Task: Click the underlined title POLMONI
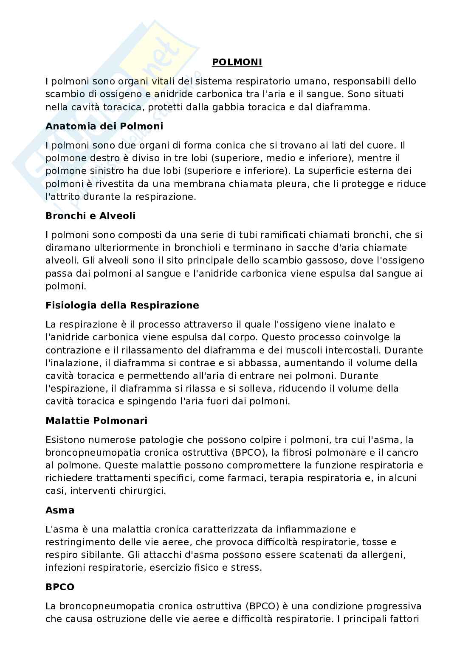pos(237,62)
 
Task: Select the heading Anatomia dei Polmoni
pos(104,126)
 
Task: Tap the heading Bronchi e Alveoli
pos(90,216)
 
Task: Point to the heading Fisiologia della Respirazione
pos(122,305)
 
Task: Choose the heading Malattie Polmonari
pos(96,421)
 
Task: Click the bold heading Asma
pos(60,510)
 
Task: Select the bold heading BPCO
pos(60,587)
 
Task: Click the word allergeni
pos(397,555)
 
